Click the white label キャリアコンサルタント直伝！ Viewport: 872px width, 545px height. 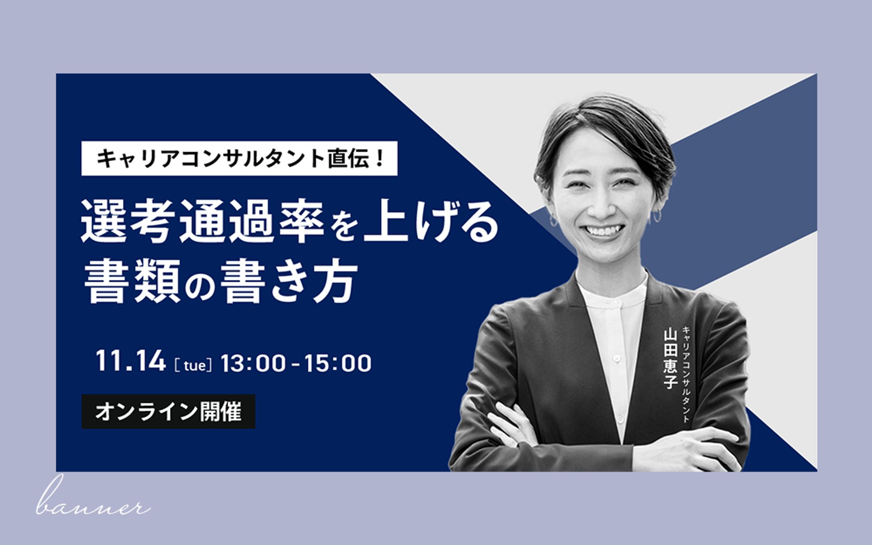[x=239, y=158]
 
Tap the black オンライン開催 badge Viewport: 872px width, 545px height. [x=168, y=412]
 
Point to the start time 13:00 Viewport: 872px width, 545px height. [x=253, y=363]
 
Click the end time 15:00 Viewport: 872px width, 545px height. [x=338, y=363]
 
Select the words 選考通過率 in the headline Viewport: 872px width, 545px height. [x=202, y=221]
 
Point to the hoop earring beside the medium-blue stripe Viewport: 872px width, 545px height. [x=657, y=216]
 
